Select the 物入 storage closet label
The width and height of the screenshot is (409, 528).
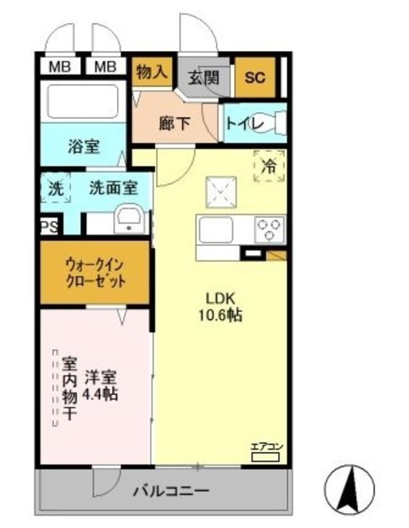[x=152, y=73]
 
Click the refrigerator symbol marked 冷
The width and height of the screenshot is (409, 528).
[x=269, y=165]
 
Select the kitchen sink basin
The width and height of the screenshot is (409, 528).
[x=216, y=229]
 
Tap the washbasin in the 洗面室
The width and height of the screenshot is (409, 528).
[x=129, y=219]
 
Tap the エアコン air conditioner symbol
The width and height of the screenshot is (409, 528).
[x=267, y=450]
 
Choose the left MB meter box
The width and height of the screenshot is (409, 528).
[x=59, y=66]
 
